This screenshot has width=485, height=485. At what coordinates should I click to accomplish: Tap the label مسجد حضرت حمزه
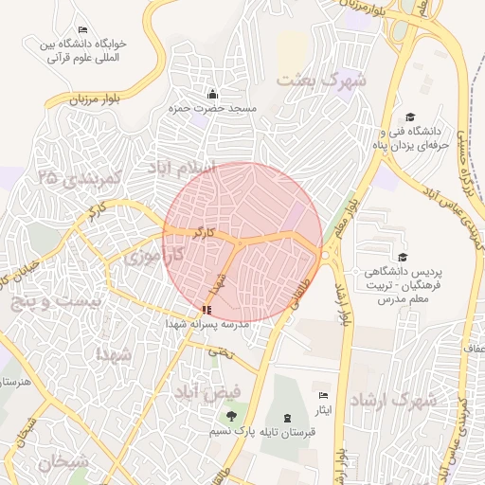pyautogui.click(x=213, y=109)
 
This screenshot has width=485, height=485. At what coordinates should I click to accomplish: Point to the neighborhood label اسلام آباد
pyautogui.click(x=181, y=168)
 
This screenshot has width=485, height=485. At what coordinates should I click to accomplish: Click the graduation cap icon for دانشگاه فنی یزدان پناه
pyautogui.click(x=409, y=117)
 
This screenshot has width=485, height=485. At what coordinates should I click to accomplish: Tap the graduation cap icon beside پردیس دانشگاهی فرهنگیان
pyautogui.click(x=402, y=257)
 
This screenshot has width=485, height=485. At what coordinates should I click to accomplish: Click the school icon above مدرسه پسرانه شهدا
pyautogui.click(x=207, y=310)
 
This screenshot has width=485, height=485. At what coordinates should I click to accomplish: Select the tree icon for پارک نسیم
pyautogui.click(x=231, y=416)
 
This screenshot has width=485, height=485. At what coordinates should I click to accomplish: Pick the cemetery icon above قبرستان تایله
pyautogui.click(x=287, y=417)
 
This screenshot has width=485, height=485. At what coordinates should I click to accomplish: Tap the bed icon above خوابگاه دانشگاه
pyautogui.click(x=82, y=30)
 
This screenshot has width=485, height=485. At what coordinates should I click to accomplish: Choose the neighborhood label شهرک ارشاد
pyautogui.click(x=393, y=402)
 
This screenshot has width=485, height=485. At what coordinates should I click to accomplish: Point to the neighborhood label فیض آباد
pyautogui.click(x=207, y=390)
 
